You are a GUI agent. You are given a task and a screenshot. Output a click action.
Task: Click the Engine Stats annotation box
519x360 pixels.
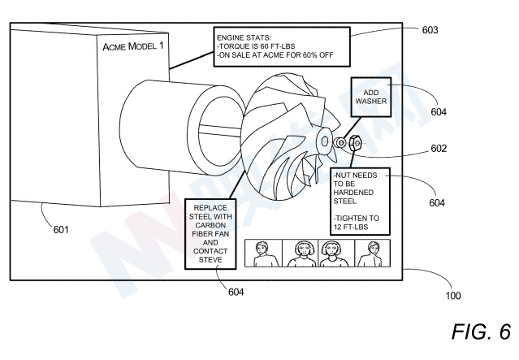(x=282, y=46)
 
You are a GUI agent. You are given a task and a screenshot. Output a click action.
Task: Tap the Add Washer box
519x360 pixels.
(x=371, y=97)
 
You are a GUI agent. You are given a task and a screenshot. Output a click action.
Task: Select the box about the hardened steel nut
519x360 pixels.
(x=360, y=202)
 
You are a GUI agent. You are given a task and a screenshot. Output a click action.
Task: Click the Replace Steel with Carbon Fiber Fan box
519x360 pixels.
(x=210, y=234)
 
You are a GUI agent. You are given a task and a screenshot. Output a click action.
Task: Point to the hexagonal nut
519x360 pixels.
(x=354, y=143)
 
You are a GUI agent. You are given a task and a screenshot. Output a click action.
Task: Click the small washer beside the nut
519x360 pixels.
(x=340, y=143)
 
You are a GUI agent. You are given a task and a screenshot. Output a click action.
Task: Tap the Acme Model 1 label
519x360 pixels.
(x=133, y=46)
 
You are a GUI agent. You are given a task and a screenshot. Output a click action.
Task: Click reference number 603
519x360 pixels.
(x=430, y=30)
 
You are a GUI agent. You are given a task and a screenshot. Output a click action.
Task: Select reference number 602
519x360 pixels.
(x=439, y=149)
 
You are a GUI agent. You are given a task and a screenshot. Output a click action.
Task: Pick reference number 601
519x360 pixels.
(x=61, y=229)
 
